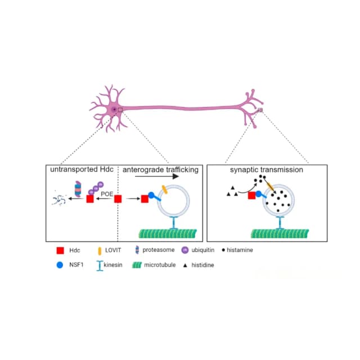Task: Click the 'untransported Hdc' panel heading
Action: click(x=82, y=169)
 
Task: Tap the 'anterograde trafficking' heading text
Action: click(x=160, y=170)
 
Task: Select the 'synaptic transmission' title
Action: click(x=267, y=170)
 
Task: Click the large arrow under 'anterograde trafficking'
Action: click(x=157, y=176)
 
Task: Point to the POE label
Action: click(x=107, y=194)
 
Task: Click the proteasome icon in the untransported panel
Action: click(x=78, y=189)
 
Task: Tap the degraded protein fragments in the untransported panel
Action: click(x=59, y=199)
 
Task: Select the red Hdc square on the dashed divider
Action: click(x=118, y=199)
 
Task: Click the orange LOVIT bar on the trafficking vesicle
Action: click(x=165, y=190)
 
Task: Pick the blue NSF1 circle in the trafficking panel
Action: click(x=151, y=195)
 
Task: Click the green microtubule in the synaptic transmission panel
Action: click(x=280, y=233)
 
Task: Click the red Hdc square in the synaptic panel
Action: click(x=252, y=195)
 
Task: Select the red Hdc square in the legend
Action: click(x=60, y=250)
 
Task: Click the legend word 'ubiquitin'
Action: click(x=203, y=250)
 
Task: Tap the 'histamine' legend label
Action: click(x=240, y=250)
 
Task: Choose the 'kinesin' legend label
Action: click(x=113, y=265)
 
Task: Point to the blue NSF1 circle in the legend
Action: click(x=60, y=265)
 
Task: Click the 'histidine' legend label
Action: click(x=202, y=265)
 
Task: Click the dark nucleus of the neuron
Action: click(x=114, y=110)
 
